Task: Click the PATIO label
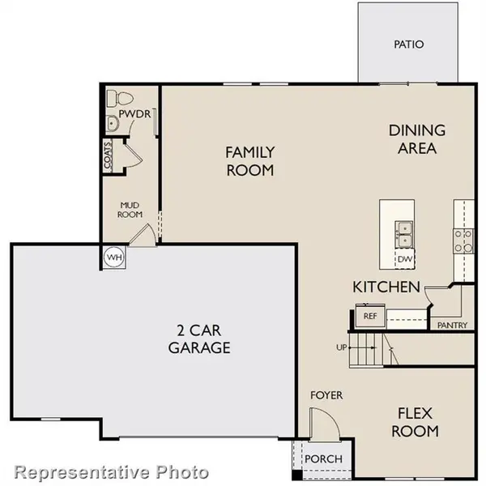point(409,44)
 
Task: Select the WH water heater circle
point(113,257)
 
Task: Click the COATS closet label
point(107,156)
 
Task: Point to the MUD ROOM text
point(131,210)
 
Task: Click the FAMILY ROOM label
point(249,161)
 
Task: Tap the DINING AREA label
point(417,139)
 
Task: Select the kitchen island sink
point(404,235)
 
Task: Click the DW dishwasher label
point(404,258)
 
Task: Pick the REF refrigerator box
point(370,315)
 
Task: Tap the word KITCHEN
point(386,287)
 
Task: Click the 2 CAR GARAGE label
point(199,339)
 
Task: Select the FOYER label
point(326,395)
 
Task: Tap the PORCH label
point(322,459)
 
